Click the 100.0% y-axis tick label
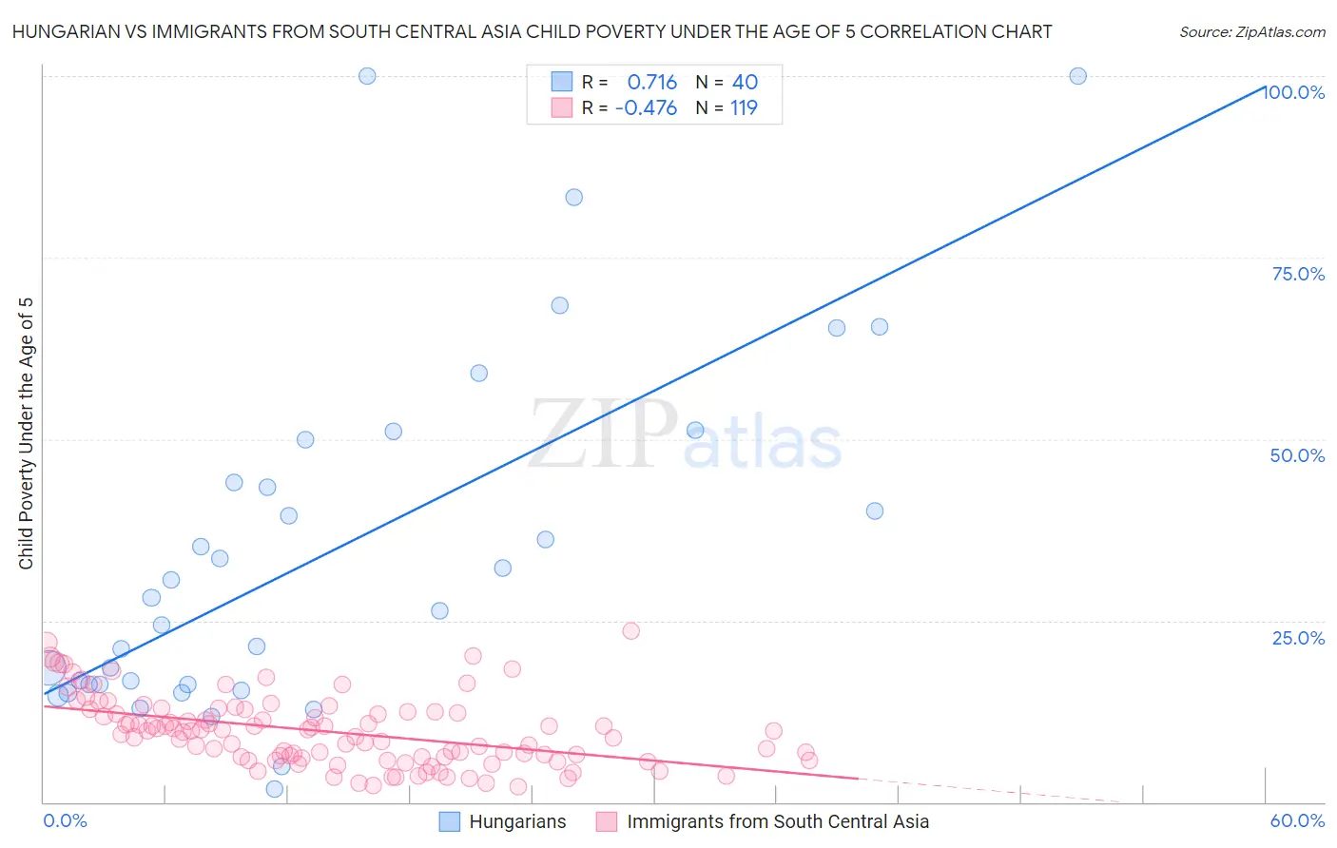(x=1294, y=92)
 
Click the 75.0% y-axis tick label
(x=1298, y=274)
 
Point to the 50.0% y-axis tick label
(x=1297, y=455)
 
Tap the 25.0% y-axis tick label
(x=1298, y=637)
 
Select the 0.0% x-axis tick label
(x=65, y=820)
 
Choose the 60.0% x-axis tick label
(x=1297, y=820)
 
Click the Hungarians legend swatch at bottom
(x=449, y=821)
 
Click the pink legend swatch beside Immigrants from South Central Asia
(x=607, y=821)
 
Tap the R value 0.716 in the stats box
(x=651, y=82)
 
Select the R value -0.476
(x=646, y=107)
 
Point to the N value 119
(x=744, y=107)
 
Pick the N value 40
(x=745, y=82)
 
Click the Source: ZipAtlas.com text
(x=1251, y=31)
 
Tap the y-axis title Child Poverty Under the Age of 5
(x=27, y=434)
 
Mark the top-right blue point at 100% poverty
(x=1077, y=76)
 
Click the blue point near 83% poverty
(x=573, y=198)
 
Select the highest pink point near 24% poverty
(x=630, y=630)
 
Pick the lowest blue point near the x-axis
(x=275, y=789)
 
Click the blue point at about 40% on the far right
(x=875, y=511)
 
